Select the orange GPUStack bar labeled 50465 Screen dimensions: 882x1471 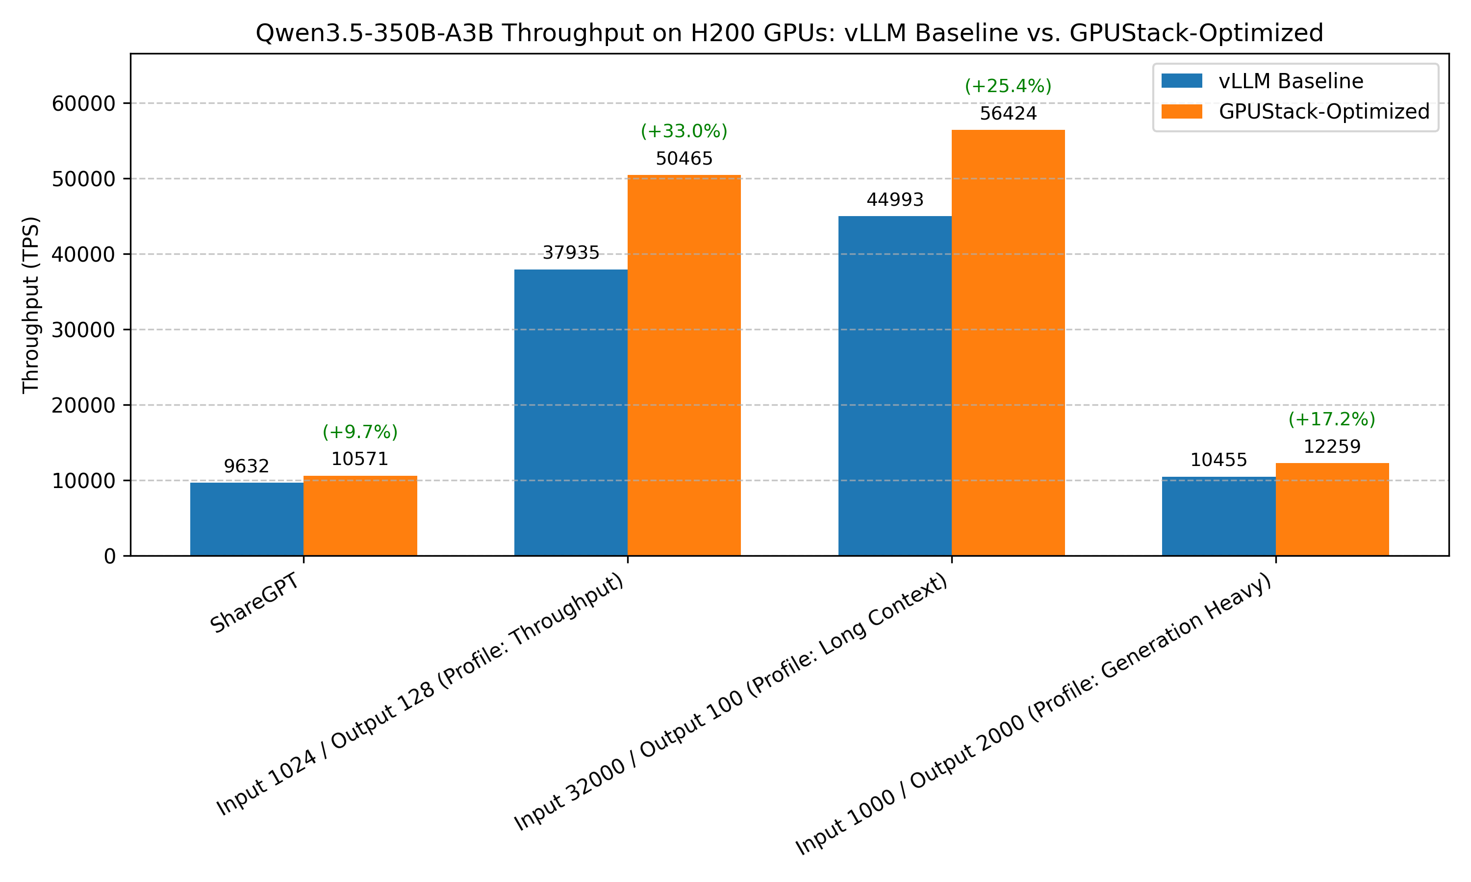[x=684, y=365]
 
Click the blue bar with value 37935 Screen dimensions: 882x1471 [x=570, y=413]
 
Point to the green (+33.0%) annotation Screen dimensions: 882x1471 [x=684, y=131]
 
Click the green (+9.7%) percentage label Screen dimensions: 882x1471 [x=360, y=432]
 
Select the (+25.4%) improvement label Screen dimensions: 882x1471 [x=1008, y=86]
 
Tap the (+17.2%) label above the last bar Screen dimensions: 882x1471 [x=1332, y=419]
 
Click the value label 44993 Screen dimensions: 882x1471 [x=895, y=200]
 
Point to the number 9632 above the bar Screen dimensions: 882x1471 [x=246, y=466]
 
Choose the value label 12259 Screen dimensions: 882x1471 [x=1332, y=446]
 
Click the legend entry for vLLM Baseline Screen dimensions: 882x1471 [x=1290, y=81]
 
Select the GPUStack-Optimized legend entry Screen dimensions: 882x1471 [x=1323, y=112]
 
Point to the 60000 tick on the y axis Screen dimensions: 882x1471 [x=83, y=103]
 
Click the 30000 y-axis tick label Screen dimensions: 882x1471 [x=83, y=330]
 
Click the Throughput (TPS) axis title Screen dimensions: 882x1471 [x=30, y=305]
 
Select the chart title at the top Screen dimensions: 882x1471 [x=789, y=33]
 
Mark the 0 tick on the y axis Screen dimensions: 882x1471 [x=110, y=556]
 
